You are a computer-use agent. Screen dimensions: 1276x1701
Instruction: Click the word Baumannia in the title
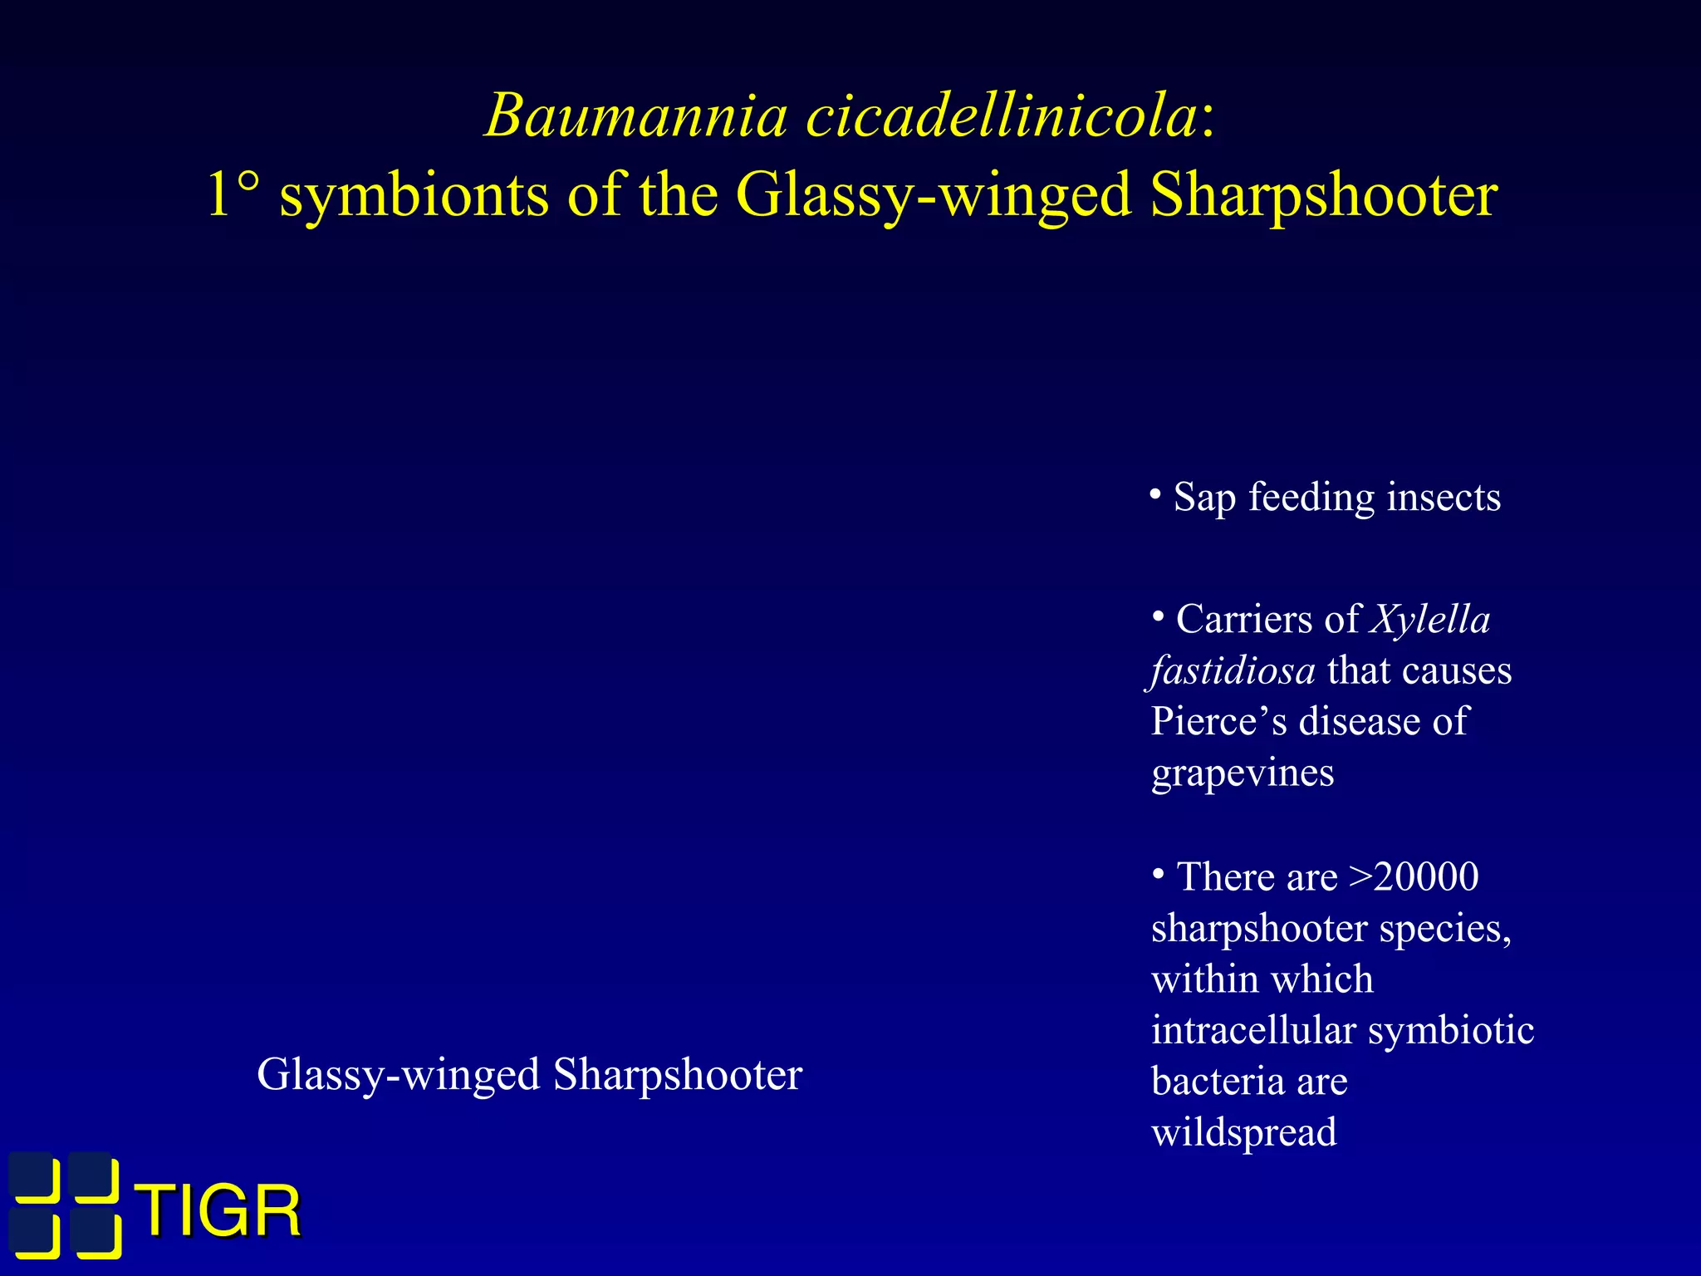tap(635, 115)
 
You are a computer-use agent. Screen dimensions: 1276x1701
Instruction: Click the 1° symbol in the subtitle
tap(233, 195)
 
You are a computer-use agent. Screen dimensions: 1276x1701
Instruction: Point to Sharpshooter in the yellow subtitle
tap(1324, 197)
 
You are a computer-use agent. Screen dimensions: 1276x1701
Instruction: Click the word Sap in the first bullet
tap(1204, 498)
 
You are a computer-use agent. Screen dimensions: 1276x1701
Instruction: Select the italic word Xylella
tap(1430, 620)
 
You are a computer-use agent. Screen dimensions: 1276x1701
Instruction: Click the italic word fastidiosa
tap(1233, 670)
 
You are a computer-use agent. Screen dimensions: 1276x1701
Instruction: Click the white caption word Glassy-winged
tap(399, 1075)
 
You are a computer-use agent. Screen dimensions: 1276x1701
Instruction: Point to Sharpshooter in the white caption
tap(678, 1074)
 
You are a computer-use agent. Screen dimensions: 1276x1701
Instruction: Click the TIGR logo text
tap(219, 1211)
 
